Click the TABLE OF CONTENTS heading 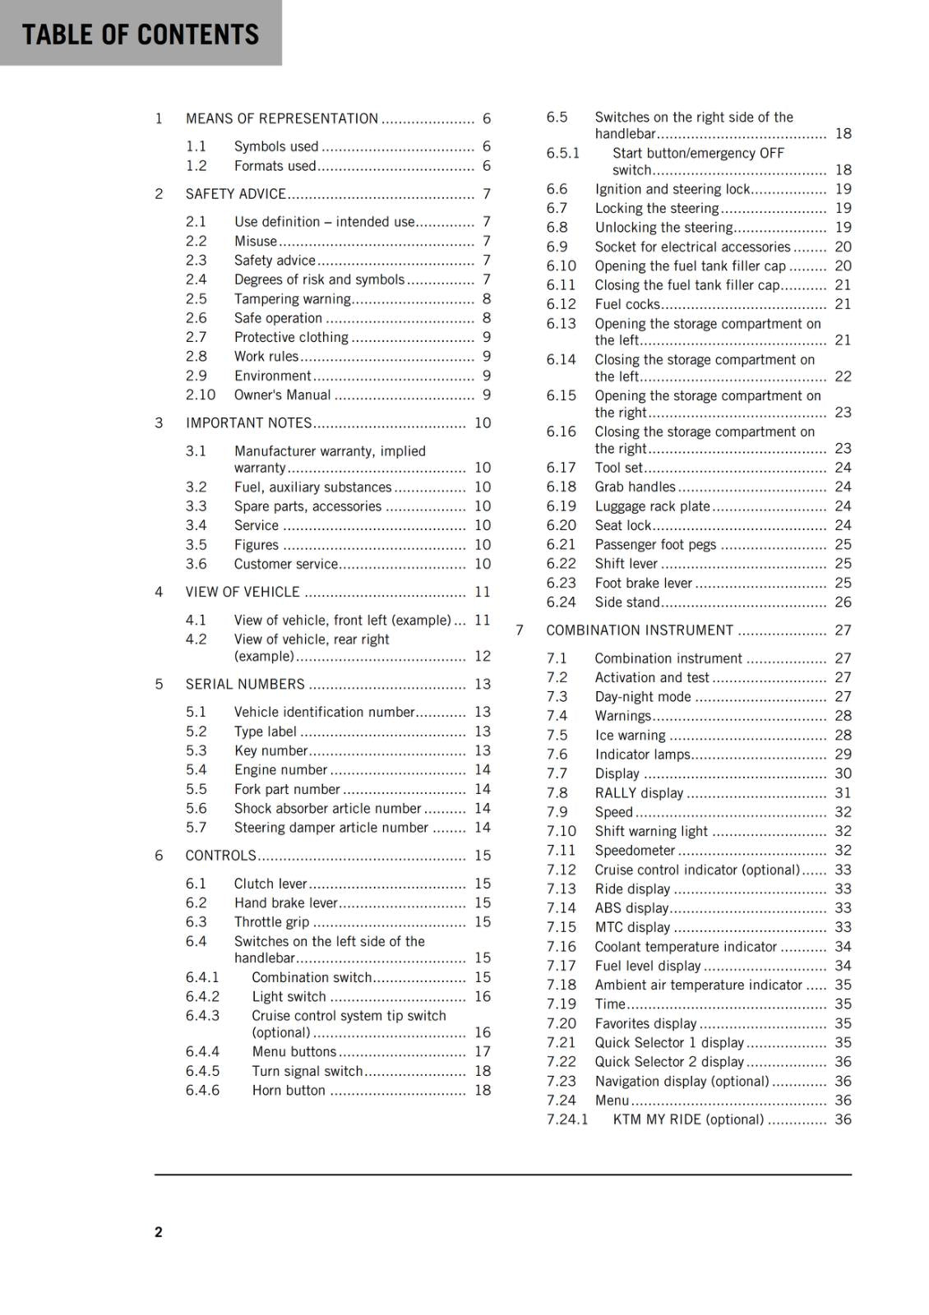pos(140,35)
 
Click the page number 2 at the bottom pos(159,1231)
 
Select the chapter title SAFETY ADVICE pos(235,194)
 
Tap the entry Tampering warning pos(292,299)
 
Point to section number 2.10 pos(200,394)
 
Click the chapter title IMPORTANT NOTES pos(248,423)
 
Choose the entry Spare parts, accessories pos(307,506)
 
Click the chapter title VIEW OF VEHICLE pos(243,592)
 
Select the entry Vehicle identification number pos(324,712)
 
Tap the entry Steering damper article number pos(330,828)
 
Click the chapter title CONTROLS pos(220,856)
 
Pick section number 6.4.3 pos(202,1016)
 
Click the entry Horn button pos(288,1091)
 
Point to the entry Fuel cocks pos(626,304)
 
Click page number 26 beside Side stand pos(843,602)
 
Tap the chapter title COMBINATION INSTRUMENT pos(639,630)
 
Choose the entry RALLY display pos(638,793)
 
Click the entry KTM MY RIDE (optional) pos(688,1119)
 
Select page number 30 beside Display pos(843,773)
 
